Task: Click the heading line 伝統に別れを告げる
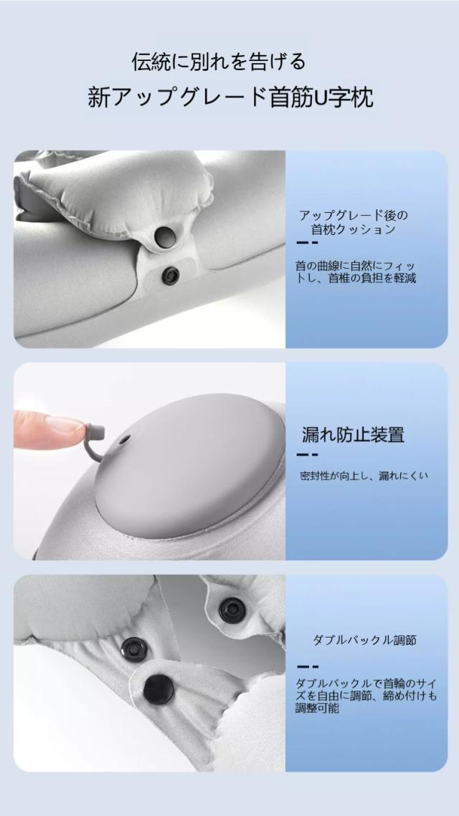pos(218,62)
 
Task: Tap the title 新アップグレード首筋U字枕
pos(231,97)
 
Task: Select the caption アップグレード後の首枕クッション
pos(354,222)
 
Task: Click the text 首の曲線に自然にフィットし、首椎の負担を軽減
pos(356,272)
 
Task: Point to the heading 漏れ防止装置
pos(354,435)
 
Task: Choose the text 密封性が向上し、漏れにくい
pos(364,475)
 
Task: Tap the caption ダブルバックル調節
pos(365,640)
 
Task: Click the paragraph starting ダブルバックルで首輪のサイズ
pos(366,695)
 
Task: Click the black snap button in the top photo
pos(171,275)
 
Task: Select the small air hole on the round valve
pos(124,441)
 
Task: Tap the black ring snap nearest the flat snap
pos(134,650)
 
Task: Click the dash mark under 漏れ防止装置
pos(308,456)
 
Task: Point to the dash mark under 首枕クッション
pos(308,243)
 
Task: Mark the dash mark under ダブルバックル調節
pos(308,667)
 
